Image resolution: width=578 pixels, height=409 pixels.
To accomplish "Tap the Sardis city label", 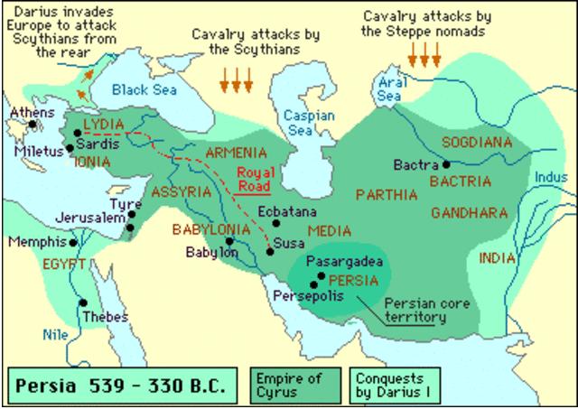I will (97, 143).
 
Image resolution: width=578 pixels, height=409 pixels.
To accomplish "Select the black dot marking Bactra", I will (446, 165).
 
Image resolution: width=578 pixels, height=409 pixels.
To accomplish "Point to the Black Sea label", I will (144, 89).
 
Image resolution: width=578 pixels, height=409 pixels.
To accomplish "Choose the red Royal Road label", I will (253, 178).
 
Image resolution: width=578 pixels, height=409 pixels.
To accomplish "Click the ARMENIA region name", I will (236, 153).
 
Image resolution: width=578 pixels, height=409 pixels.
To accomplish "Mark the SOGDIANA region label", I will (476, 143).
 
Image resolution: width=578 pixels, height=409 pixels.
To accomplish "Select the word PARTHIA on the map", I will (387, 194).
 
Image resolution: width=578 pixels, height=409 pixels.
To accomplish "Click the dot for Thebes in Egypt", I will (83, 303).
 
